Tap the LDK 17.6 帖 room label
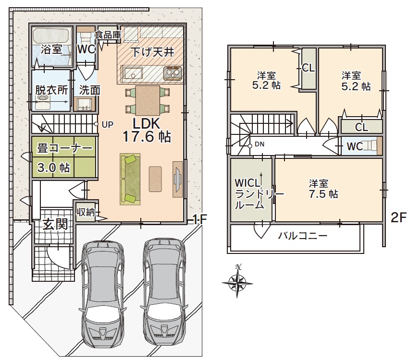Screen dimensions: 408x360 coord(147,130)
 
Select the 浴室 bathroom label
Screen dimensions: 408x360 coord(51,49)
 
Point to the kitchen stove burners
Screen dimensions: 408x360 coord(173,73)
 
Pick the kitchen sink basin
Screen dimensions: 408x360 coord(133,73)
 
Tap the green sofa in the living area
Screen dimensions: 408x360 coord(130,179)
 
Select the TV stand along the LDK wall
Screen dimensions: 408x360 coord(177,179)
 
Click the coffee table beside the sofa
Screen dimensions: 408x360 coord(155,179)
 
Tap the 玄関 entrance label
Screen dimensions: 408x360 coord(55,224)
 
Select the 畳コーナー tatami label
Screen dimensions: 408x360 coord(65,149)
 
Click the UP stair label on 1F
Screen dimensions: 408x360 coord(108,125)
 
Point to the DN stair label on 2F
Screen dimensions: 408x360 coord(260,144)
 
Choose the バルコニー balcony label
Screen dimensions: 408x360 coord(303,236)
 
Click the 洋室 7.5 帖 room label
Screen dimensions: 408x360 coord(323,189)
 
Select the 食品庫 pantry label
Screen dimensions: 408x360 coord(108,35)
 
